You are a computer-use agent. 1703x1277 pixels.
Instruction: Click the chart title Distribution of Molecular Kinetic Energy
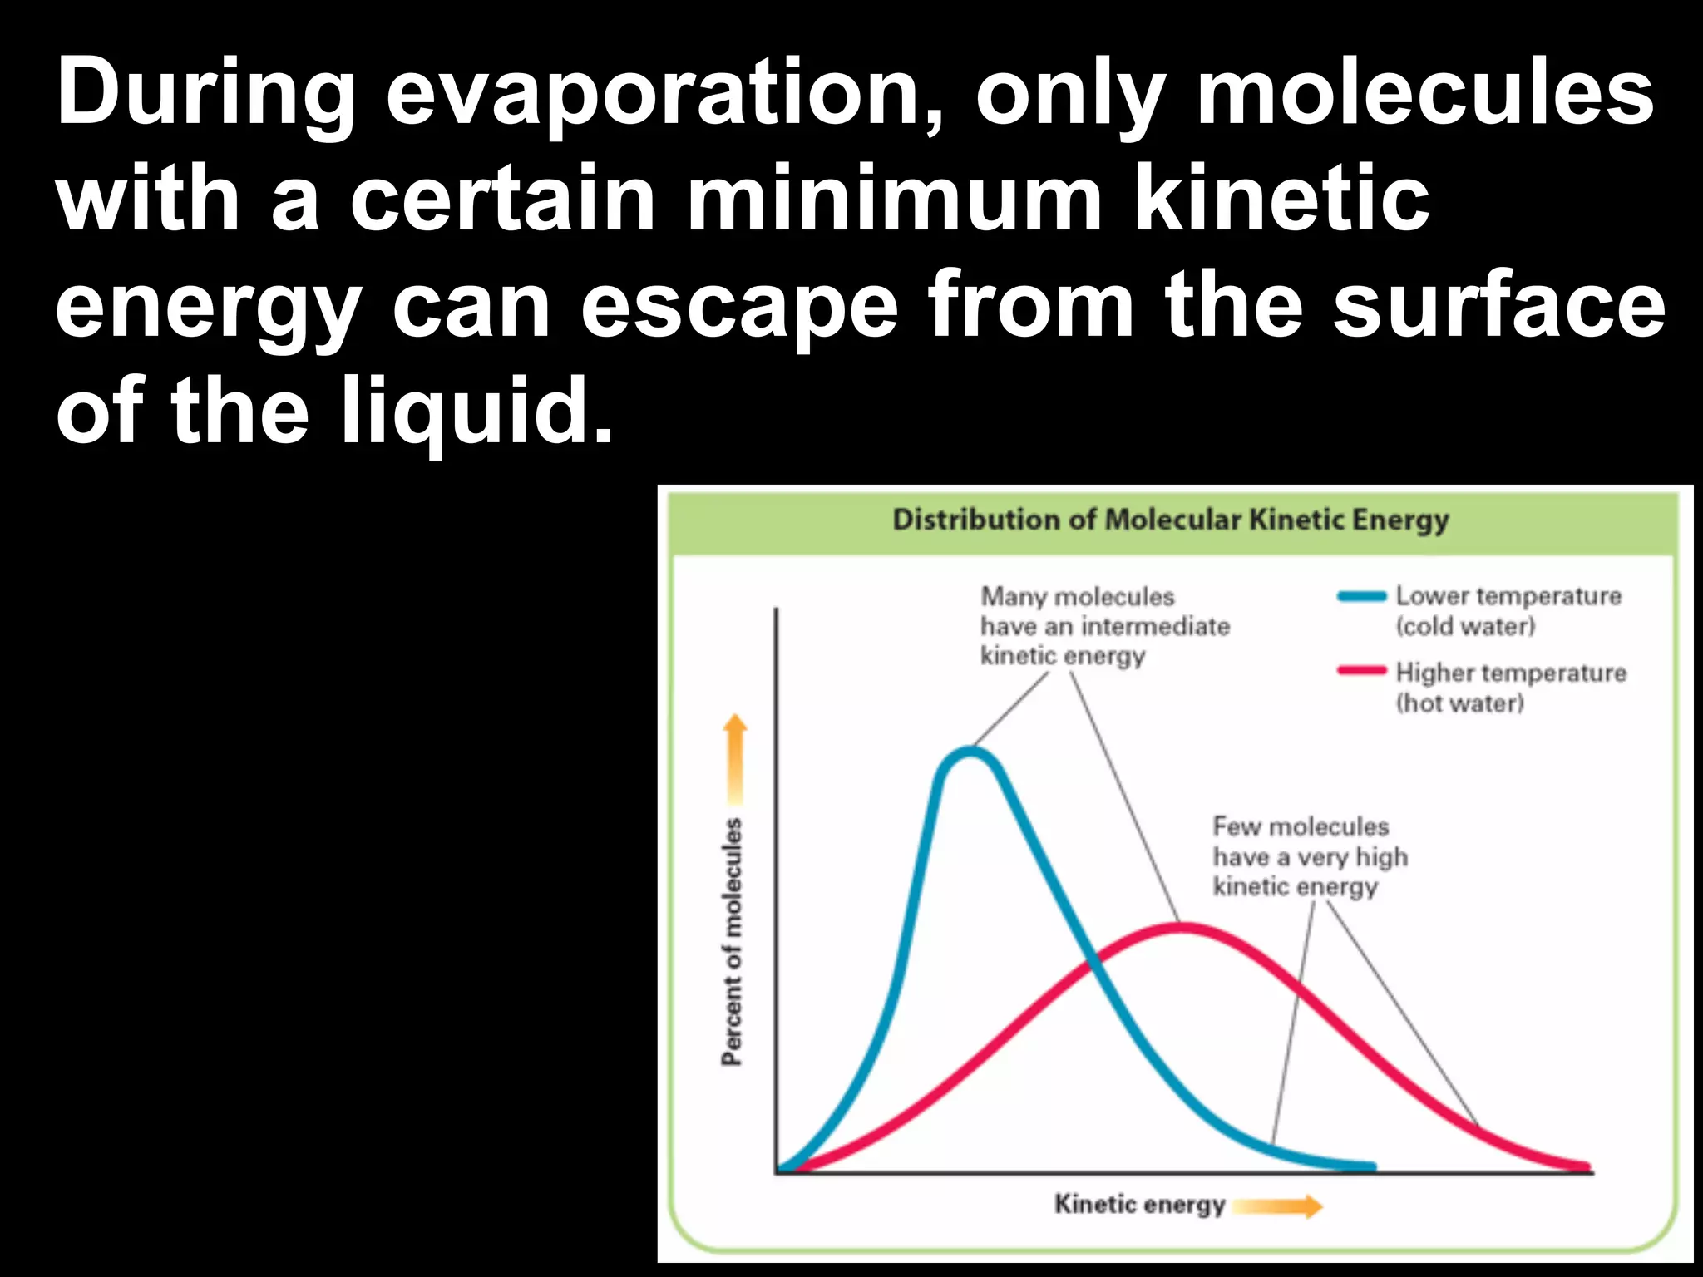[1170, 520]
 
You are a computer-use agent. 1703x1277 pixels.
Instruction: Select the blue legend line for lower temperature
[1361, 596]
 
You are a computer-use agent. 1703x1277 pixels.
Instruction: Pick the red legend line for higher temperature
[1361, 671]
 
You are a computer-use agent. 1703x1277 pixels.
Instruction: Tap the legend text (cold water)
[1465, 626]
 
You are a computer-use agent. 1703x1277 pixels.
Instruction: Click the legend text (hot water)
[1459, 703]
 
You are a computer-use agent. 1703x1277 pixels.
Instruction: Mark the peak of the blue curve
[970, 752]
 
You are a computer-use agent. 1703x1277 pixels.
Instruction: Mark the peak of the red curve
[1181, 927]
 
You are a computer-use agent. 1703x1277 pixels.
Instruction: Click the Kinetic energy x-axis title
[1139, 1204]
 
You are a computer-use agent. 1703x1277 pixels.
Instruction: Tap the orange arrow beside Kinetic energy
[1277, 1206]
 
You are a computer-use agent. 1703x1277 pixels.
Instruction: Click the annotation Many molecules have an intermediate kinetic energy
[1103, 626]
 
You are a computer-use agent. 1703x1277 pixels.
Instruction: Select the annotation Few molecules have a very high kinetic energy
[1309, 856]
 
